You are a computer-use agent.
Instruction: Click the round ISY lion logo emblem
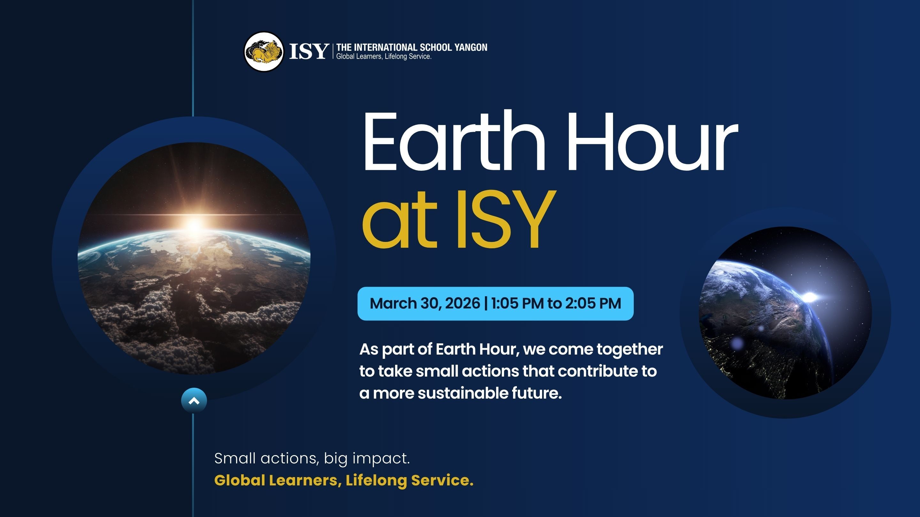click(264, 52)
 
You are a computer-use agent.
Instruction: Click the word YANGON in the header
click(471, 48)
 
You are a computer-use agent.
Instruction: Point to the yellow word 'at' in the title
click(399, 223)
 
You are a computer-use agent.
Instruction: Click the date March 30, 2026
click(425, 303)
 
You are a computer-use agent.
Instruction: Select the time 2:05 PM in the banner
click(593, 303)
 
